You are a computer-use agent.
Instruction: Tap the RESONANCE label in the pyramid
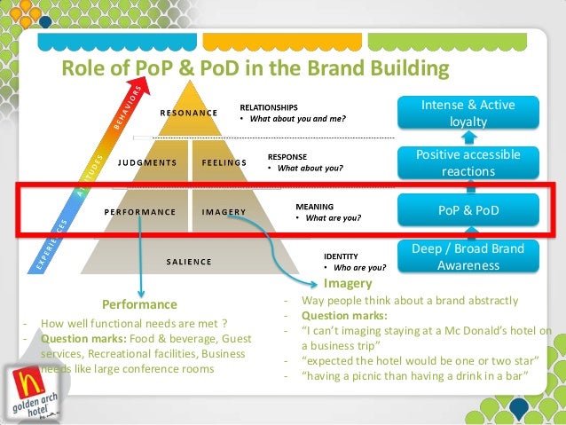(x=188, y=114)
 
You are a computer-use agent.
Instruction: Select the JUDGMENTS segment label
(x=147, y=163)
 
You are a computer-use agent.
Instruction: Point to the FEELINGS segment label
(x=224, y=163)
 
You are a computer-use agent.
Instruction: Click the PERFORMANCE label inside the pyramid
(x=139, y=213)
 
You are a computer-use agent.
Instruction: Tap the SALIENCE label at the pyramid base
(x=189, y=262)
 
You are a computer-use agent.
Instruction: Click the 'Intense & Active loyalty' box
(x=468, y=114)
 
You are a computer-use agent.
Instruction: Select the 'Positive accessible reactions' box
(x=468, y=163)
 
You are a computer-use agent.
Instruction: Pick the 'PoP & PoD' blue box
(x=468, y=212)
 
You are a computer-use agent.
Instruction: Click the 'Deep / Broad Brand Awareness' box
(x=468, y=256)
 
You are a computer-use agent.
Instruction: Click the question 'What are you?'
(x=334, y=216)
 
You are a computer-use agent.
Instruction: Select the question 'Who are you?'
(x=359, y=266)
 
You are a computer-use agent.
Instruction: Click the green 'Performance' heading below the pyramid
(x=140, y=303)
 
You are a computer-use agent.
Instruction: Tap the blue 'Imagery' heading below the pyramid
(x=348, y=284)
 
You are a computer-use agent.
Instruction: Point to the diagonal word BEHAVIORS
(x=126, y=107)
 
